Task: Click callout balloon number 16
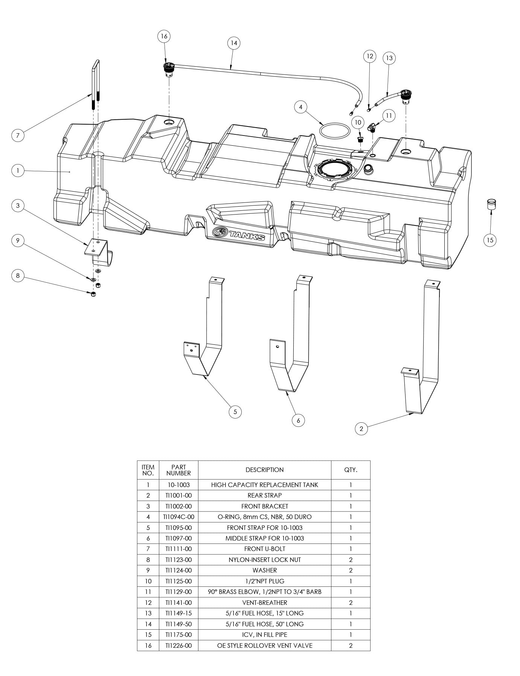coord(164,36)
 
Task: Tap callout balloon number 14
coord(234,43)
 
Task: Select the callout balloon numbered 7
coord(18,135)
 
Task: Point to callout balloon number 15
coord(490,240)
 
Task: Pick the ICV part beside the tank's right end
coord(491,204)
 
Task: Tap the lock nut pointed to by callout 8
coord(94,294)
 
